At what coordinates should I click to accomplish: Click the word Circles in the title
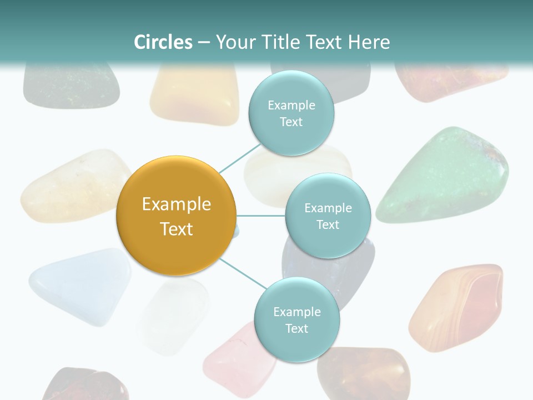click(163, 42)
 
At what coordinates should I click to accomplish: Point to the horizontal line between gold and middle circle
click(261, 216)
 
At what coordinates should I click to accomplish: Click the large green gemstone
click(444, 175)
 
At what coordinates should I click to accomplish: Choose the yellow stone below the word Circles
click(194, 94)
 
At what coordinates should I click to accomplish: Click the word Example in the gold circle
click(177, 204)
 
